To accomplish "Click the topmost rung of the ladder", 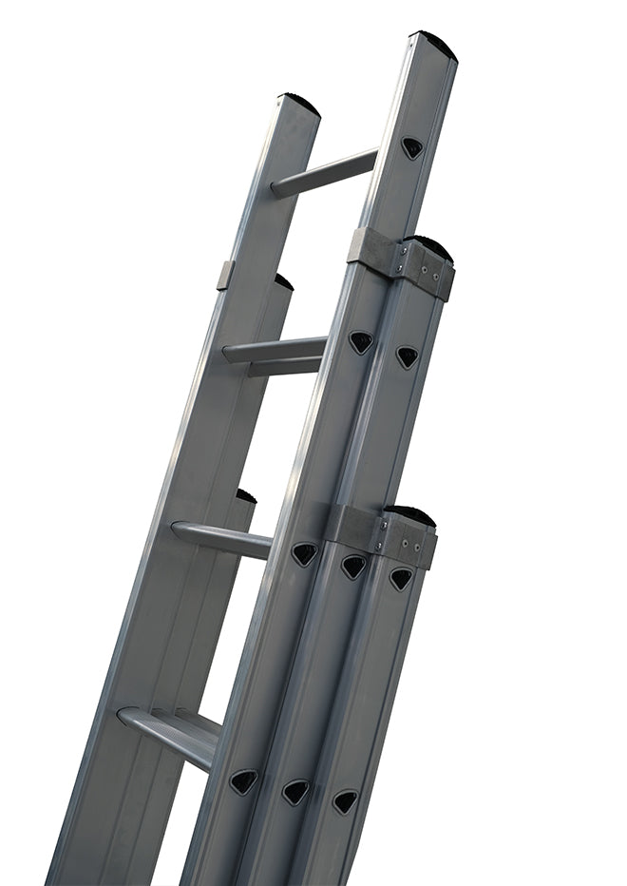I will [323, 172].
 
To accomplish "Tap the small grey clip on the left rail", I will [225, 275].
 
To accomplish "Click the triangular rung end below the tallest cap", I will [411, 147].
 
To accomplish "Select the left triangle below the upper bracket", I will [361, 342].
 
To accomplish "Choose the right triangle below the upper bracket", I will [407, 356].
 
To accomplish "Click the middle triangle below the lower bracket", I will [353, 567].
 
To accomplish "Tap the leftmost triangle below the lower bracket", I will [305, 553].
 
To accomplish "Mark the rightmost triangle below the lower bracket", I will [401, 578].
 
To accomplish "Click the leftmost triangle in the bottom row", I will [244, 780].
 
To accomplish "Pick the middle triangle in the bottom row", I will [295, 791].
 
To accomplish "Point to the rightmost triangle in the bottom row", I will [345, 800].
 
